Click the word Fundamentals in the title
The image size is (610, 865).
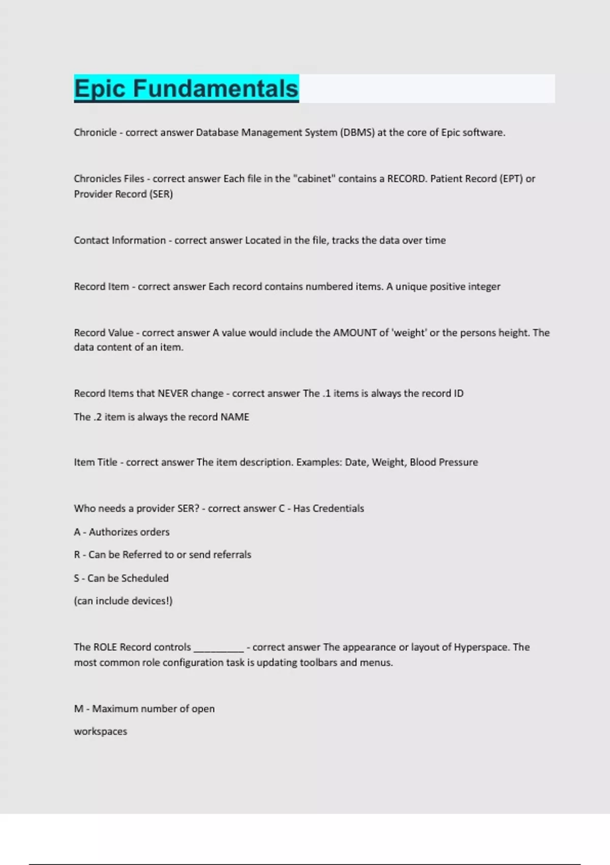pos(216,88)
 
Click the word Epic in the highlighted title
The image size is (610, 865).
pos(100,88)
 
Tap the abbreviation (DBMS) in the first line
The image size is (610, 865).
pos(357,132)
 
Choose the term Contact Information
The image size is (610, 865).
pos(119,240)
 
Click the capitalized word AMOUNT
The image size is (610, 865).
pos(354,333)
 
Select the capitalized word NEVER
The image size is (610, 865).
pos(173,393)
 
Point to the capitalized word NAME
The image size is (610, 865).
pos(234,417)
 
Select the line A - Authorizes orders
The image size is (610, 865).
pos(121,532)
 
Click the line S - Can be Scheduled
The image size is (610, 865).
pos(121,578)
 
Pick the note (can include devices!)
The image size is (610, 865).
pos(123,601)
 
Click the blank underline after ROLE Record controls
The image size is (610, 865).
pos(219,648)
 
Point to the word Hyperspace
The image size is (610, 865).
pos(481,647)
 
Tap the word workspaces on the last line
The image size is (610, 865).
pos(101,731)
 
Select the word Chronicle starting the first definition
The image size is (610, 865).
pos(95,132)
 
